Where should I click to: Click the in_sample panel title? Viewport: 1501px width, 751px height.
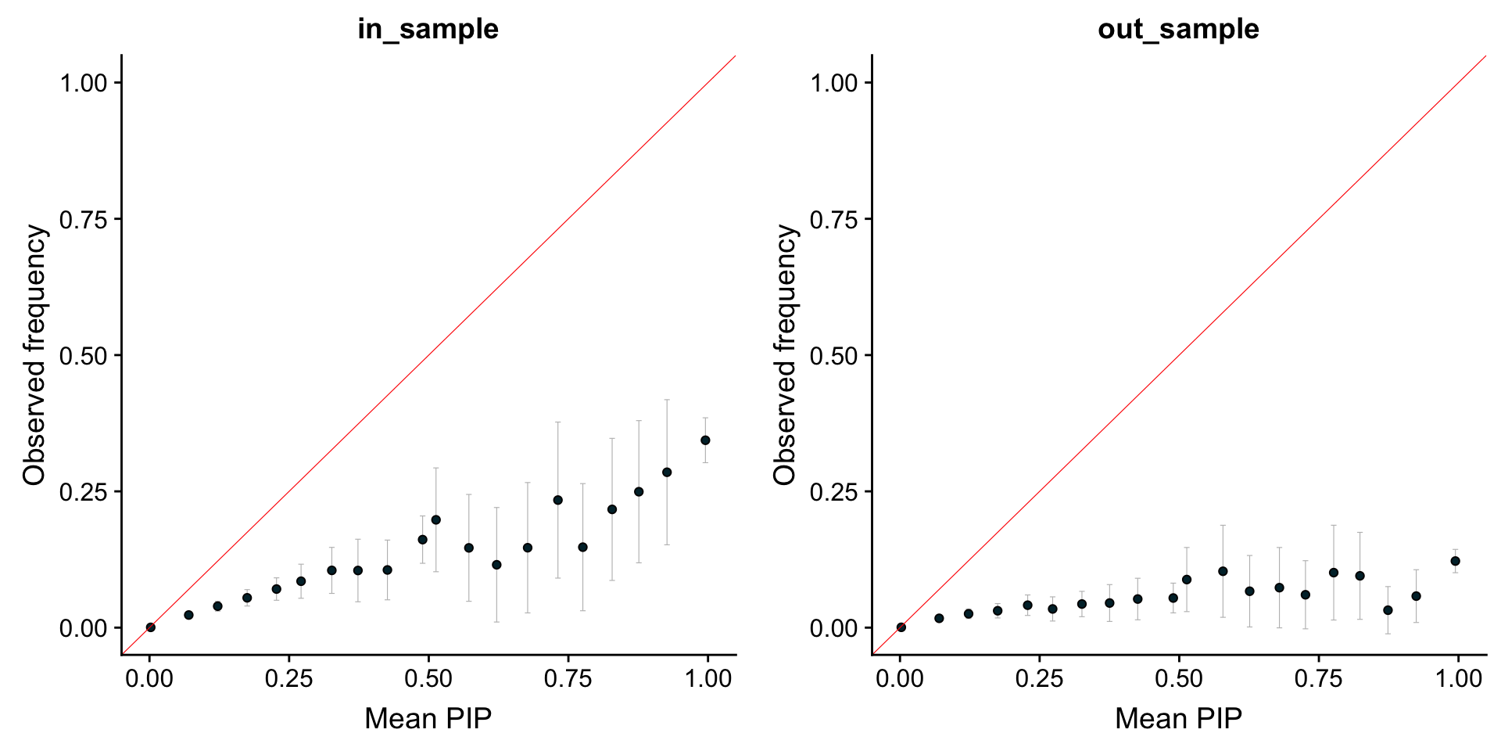point(428,29)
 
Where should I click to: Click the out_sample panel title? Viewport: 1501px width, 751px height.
point(1178,29)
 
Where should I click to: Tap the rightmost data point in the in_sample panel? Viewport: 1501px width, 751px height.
point(705,440)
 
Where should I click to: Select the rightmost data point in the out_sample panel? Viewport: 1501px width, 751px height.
point(1455,561)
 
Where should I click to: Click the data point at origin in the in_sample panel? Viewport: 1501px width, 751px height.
point(151,627)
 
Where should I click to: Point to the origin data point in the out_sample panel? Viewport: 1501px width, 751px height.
point(901,627)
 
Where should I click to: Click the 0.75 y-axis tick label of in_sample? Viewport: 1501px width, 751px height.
point(84,219)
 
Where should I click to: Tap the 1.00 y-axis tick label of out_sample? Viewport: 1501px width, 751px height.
point(834,83)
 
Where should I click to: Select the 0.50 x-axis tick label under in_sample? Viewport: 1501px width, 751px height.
point(428,678)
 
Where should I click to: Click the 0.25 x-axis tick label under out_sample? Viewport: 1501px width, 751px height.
point(1040,678)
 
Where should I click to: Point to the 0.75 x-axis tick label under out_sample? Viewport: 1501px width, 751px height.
point(1319,678)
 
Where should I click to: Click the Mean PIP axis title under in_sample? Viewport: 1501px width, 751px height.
point(428,718)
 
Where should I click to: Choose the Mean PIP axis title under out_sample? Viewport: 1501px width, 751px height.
point(1178,718)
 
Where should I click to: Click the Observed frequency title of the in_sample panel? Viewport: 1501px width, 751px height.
point(35,354)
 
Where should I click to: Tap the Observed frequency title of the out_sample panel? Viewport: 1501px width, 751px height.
point(785,354)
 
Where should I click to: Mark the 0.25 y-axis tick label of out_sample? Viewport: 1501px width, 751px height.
point(834,492)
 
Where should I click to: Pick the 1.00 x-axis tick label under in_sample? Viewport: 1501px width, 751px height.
point(708,678)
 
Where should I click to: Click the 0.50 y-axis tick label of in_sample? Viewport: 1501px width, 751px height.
point(84,355)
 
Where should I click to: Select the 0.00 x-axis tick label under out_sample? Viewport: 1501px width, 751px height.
point(901,678)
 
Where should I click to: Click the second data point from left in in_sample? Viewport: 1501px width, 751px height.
point(188,615)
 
